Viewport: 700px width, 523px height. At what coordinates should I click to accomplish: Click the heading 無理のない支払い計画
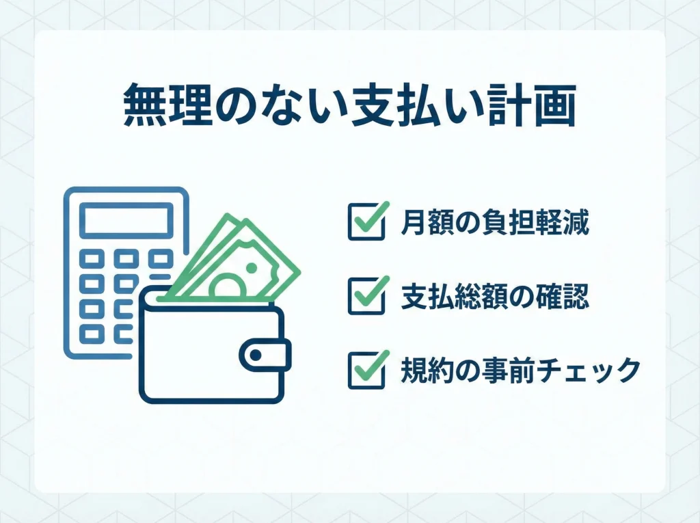(349, 106)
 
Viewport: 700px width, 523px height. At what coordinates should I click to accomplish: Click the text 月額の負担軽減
(495, 222)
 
